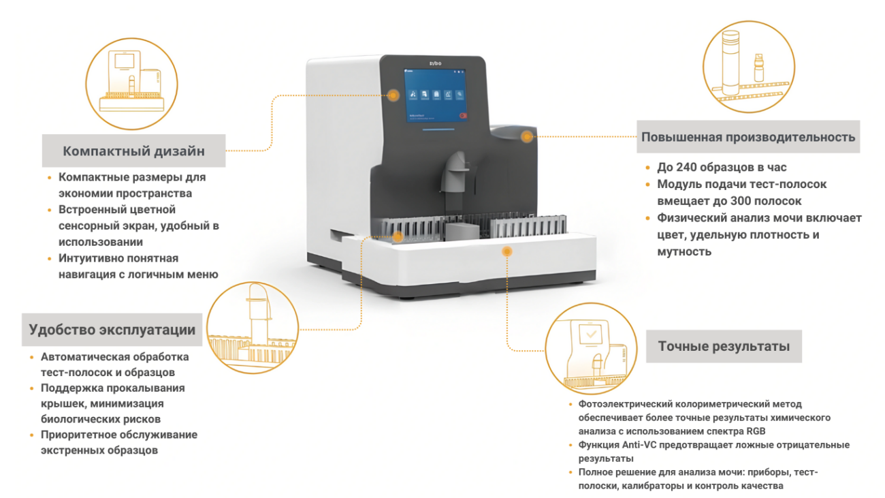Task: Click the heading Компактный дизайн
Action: pyautogui.click(x=133, y=151)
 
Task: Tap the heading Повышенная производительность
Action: pyautogui.click(x=748, y=137)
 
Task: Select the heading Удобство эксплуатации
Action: pyautogui.click(x=112, y=330)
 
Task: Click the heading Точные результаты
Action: pyautogui.click(x=724, y=346)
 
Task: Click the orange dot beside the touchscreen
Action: pyautogui.click(x=393, y=95)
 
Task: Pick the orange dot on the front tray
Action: pyautogui.click(x=506, y=251)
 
